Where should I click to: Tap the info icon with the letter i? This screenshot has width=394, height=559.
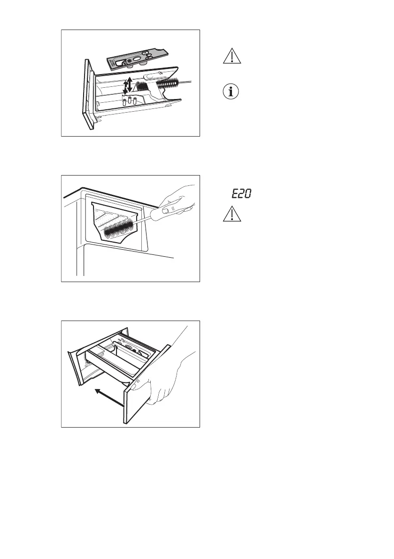point(230,92)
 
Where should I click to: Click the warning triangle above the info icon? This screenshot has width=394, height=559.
point(230,56)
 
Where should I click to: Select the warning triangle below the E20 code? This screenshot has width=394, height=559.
point(230,214)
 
